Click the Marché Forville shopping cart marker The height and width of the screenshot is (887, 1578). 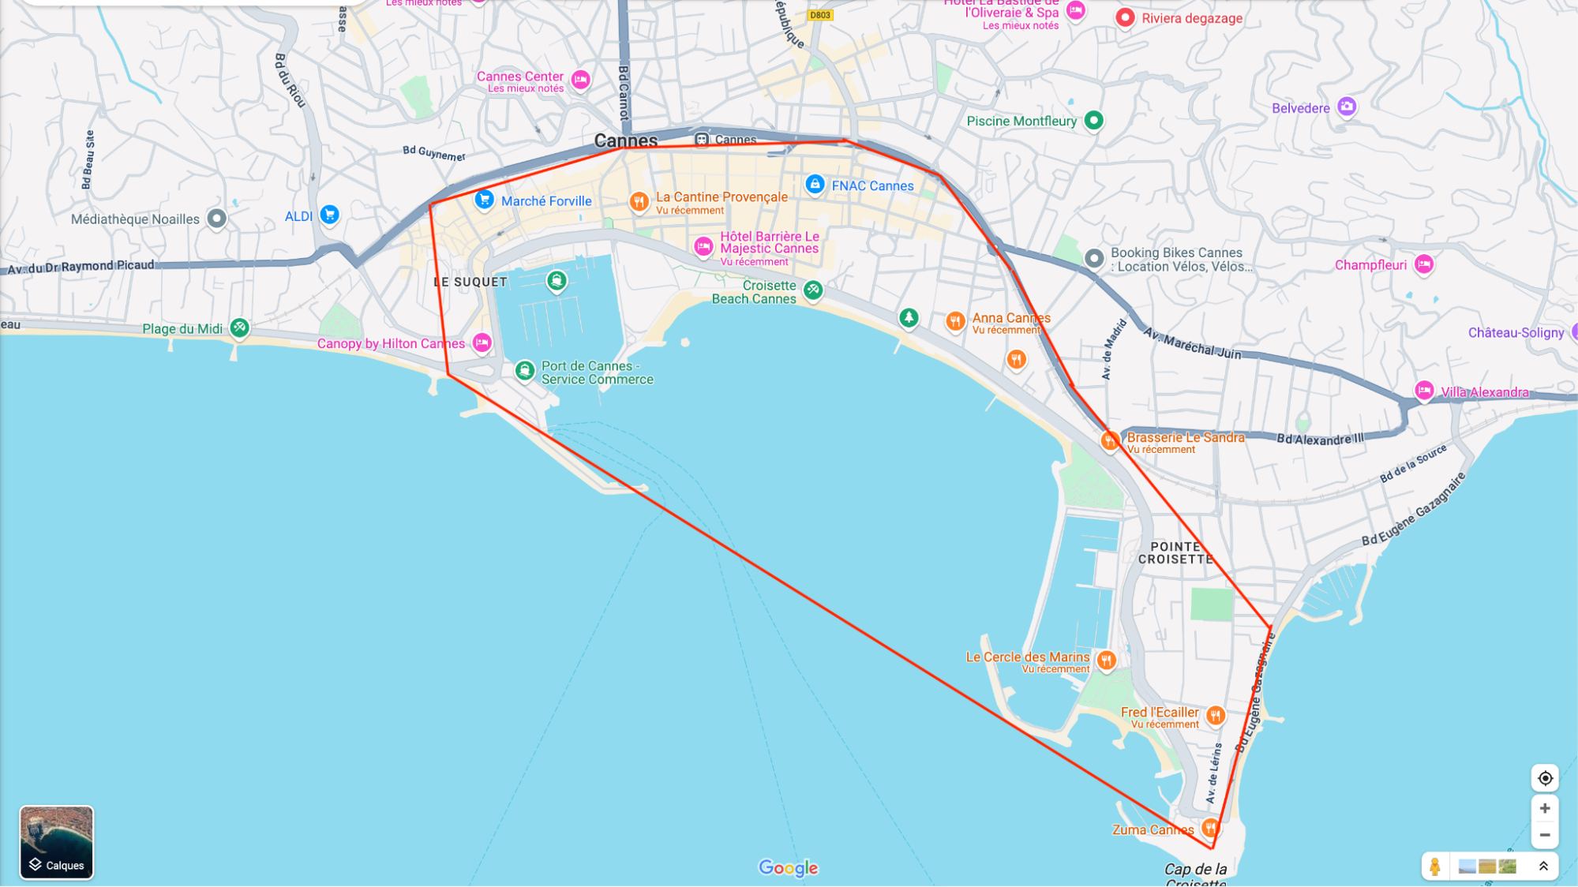pyautogui.click(x=484, y=200)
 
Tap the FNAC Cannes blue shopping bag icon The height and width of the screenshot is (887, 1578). pyautogui.click(x=815, y=184)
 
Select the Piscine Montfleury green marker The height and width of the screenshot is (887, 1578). pyautogui.click(x=1093, y=120)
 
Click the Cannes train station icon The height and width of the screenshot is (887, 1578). pyautogui.click(x=701, y=140)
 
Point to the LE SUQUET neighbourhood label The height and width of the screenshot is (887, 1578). pyautogui.click(x=470, y=282)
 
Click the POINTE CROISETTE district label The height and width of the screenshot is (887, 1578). pyautogui.click(x=1175, y=552)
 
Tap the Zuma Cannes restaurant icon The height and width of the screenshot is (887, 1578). pyautogui.click(x=1209, y=827)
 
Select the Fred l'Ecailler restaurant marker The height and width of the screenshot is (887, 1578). pyautogui.click(x=1215, y=715)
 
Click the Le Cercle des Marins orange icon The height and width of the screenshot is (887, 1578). pyautogui.click(x=1106, y=660)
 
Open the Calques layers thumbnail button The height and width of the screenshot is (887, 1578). pyautogui.click(x=56, y=842)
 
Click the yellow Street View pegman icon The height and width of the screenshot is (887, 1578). pyautogui.click(x=1435, y=866)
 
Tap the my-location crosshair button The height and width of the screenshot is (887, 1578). pyautogui.click(x=1545, y=778)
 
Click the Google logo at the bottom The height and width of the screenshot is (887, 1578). pyautogui.click(x=788, y=867)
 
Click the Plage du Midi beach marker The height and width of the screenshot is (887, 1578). pyautogui.click(x=239, y=327)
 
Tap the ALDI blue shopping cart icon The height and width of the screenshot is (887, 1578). pyautogui.click(x=329, y=214)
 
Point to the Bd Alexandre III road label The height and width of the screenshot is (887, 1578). pyautogui.click(x=1320, y=439)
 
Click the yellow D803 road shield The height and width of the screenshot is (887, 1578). pyautogui.click(x=819, y=15)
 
